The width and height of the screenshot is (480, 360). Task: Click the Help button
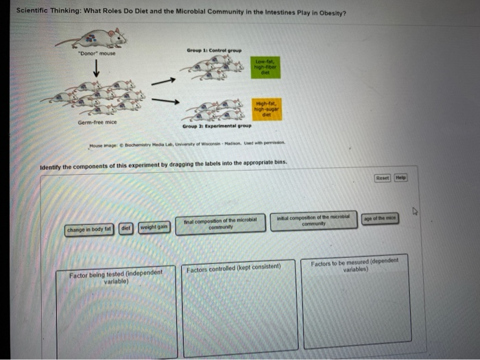400,178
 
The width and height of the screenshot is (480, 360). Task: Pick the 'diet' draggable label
126,228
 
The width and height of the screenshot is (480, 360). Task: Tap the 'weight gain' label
154,228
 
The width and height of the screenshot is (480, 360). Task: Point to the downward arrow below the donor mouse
97,69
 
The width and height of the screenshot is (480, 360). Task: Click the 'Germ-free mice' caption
97,121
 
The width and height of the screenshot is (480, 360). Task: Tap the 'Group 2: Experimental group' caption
217,126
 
